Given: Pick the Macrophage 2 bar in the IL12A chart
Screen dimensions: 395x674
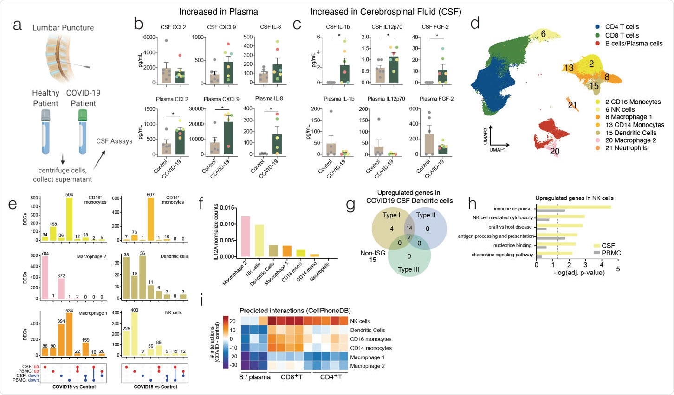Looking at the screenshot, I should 246,236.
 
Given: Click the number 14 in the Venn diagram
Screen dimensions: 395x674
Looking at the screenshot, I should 408,228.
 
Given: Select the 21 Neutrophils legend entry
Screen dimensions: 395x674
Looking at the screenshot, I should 626,148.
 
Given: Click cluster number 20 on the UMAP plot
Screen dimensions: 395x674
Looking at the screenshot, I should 555,151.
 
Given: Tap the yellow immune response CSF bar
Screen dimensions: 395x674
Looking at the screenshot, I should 574,207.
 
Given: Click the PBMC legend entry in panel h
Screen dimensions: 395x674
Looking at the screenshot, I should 611,253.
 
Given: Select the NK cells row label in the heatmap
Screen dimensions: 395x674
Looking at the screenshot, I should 360,321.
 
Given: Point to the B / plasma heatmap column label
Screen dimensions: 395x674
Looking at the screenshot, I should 254,377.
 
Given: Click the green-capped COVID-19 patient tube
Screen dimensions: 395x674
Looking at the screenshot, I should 83,133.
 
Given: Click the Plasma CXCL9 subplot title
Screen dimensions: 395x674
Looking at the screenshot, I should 221,99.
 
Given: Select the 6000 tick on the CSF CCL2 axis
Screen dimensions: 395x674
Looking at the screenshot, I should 149,38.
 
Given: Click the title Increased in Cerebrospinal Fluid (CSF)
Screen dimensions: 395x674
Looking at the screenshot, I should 386,12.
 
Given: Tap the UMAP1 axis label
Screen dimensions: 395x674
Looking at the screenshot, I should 498,150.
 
